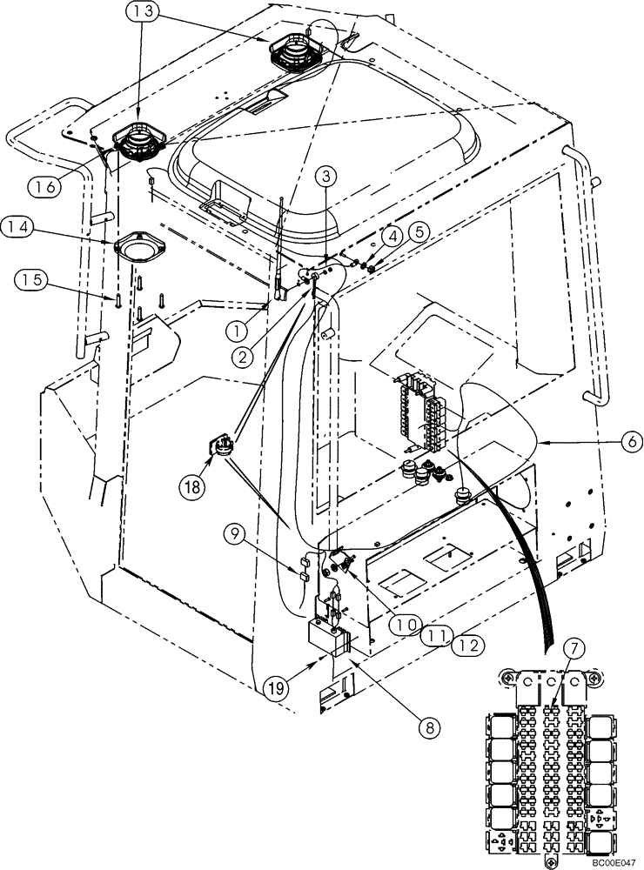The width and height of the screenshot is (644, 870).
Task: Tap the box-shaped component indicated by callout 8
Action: pos(329,639)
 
